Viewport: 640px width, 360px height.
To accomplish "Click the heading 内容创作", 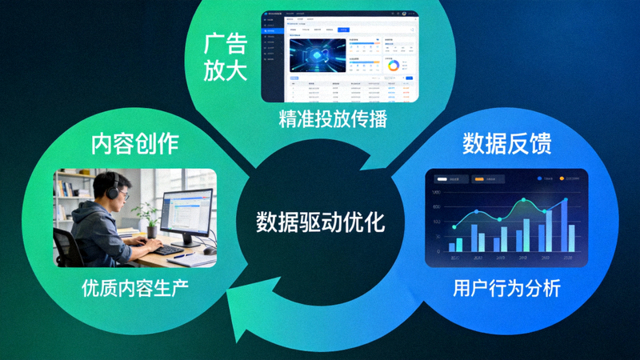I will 134,144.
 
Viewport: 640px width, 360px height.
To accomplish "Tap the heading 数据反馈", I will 506,144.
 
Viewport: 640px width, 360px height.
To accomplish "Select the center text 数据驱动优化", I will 320,222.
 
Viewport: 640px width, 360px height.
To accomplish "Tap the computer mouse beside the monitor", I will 209,250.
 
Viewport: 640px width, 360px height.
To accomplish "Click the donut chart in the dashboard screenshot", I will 393,66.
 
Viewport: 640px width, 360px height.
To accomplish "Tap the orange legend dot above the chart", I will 562,178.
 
